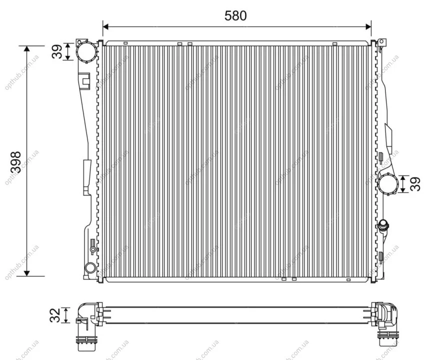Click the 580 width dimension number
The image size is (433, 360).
point(235,15)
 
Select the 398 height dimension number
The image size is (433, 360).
point(15,162)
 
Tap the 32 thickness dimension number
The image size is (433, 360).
point(55,315)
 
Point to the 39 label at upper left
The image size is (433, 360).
point(57,51)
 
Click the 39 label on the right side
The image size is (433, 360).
point(415,183)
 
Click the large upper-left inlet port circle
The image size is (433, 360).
point(86,51)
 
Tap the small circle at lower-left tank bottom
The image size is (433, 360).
point(90,267)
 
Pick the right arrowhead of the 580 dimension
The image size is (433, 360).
point(368,26)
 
